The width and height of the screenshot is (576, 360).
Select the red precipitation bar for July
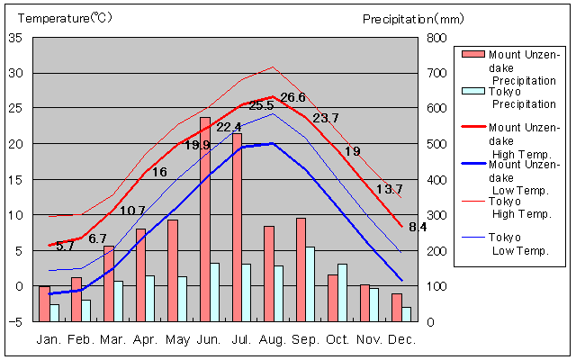(237, 227)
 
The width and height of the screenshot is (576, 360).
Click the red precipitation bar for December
(397, 307)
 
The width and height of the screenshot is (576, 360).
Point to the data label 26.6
(293, 97)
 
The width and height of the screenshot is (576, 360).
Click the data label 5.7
(65, 246)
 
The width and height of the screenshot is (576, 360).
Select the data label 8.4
(418, 227)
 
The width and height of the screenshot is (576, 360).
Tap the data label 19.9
(197, 145)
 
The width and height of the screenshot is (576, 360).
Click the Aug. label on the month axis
(274, 339)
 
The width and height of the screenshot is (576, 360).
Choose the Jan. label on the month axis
(49, 339)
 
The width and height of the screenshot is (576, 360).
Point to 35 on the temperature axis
(15, 38)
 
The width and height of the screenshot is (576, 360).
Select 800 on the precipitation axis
(436, 38)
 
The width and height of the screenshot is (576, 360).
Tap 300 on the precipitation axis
(436, 215)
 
